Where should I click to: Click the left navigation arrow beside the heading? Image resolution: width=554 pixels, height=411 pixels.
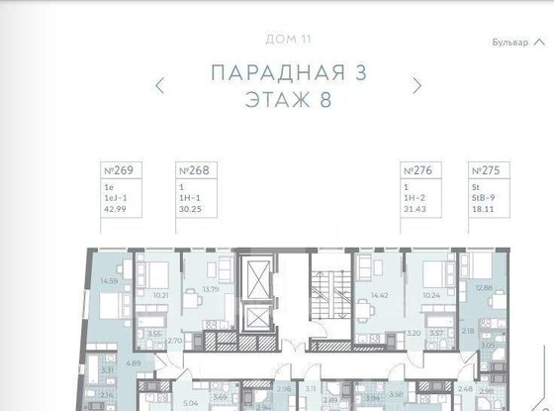(x=160, y=85)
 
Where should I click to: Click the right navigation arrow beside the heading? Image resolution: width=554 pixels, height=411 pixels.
(x=418, y=85)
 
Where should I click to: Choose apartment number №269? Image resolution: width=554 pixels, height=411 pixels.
(x=118, y=170)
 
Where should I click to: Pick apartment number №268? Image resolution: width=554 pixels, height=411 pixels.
(x=191, y=170)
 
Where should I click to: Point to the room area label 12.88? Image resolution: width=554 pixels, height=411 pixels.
(x=483, y=288)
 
